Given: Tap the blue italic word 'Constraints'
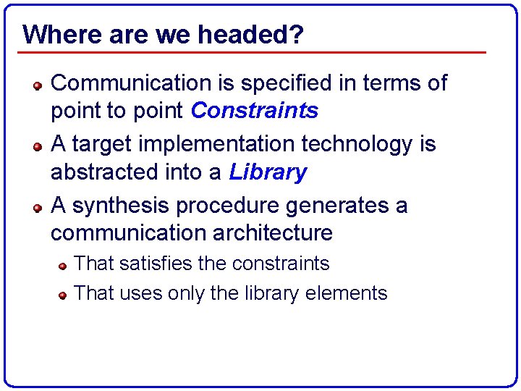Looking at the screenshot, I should point(254,111).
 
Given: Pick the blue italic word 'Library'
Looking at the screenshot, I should point(268,172).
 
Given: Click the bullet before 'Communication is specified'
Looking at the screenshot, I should point(38,85).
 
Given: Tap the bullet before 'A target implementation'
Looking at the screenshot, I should point(38,146).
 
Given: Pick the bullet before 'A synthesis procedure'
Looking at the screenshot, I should point(38,207).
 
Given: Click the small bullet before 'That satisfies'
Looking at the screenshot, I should point(64,266).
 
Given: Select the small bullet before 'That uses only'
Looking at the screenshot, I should point(64,295).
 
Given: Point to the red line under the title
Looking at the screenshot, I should point(253,52).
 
